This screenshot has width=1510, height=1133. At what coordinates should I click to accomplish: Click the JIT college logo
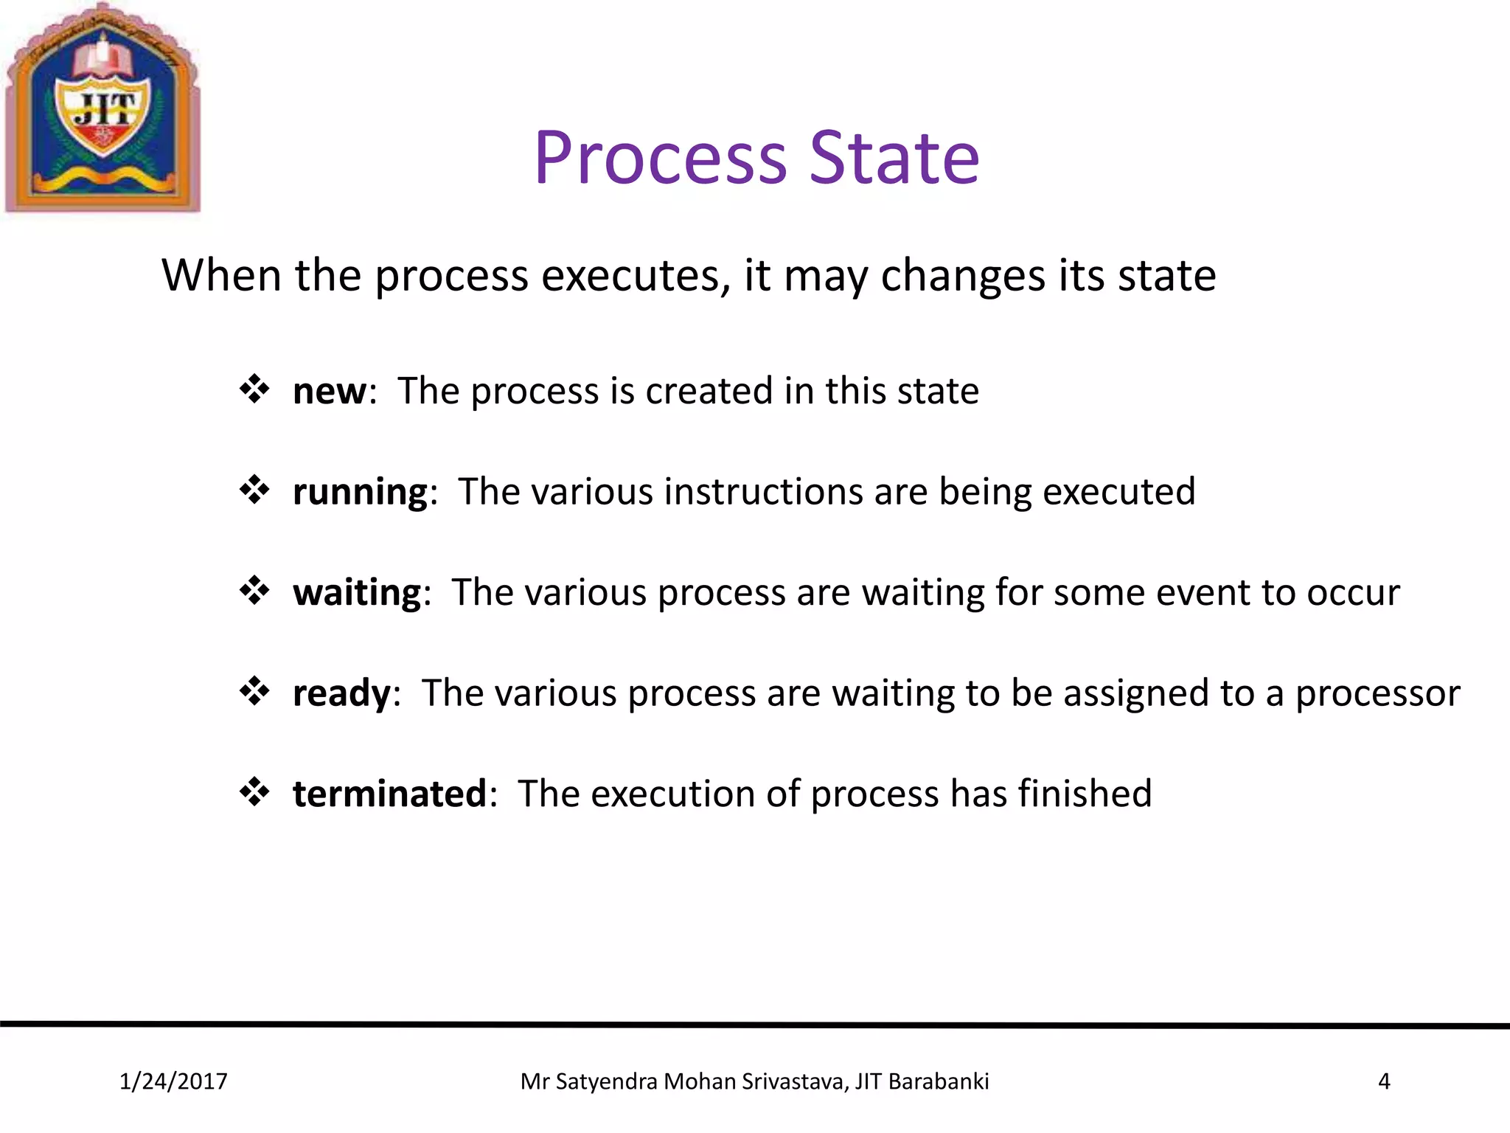(x=102, y=109)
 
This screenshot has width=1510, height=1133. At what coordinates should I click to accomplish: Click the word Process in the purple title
(x=661, y=158)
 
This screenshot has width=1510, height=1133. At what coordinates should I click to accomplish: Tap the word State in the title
(x=894, y=158)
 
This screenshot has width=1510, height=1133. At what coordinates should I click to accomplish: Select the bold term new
(x=329, y=391)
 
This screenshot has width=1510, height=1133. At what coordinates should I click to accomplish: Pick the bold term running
(x=360, y=492)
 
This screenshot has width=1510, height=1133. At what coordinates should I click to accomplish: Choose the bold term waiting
(x=357, y=592)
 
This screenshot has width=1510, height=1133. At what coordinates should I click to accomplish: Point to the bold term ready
(x=341, y=693)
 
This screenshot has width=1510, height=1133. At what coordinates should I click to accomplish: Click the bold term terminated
(x=389, y=794)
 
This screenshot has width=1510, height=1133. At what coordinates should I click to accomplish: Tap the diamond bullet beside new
(x=254, y=389)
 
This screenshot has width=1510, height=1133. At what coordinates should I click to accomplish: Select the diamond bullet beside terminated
(x=254, y=791)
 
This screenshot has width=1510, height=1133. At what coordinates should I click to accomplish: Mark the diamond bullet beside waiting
(x=254, y=590)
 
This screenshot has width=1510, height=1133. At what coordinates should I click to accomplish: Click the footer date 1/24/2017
(x=173, y=1081)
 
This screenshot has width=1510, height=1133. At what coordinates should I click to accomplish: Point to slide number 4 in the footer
(x=1384, y=1081)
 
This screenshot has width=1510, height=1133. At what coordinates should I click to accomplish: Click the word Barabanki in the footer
(x=939, y=1081)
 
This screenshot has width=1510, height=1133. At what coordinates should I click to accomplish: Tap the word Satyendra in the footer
(x=606, y=1081)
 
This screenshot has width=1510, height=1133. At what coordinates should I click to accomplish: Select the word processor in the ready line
(x=1377, y=694)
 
